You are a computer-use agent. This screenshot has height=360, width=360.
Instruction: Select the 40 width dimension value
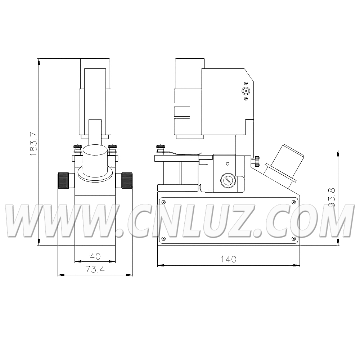[x=95, y=256]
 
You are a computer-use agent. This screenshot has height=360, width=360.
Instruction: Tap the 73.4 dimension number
[x=95, y=269]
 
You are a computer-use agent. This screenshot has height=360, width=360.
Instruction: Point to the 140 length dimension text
[x=229, y=259]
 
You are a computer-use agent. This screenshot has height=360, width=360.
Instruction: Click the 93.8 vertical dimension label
[x=332, y=197]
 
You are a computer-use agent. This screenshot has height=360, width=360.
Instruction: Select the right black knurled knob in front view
[x=127, y=180]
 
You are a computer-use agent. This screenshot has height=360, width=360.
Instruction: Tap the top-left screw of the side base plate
[x=163, y=202]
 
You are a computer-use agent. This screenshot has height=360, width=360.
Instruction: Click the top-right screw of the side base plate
[x=293, y=202]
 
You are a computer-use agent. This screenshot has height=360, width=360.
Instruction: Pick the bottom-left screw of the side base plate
[x=163, y=239]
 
